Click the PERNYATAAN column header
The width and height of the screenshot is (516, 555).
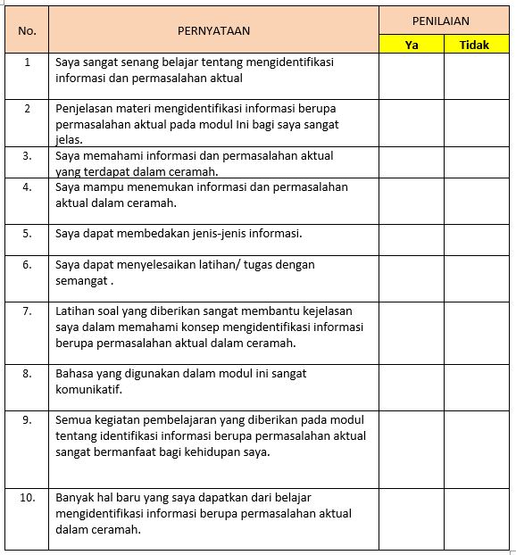[213, 30]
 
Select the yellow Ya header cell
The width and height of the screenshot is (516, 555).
[412, 45]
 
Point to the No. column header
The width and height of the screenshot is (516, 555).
[27, 30]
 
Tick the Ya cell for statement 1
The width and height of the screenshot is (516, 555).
[412, 76]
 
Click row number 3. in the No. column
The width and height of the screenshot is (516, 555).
[27, 155]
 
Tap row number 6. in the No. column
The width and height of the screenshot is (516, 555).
[27, 265]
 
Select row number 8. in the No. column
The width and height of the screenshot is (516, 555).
[27, 374]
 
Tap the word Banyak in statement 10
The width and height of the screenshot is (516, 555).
[75, 497]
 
